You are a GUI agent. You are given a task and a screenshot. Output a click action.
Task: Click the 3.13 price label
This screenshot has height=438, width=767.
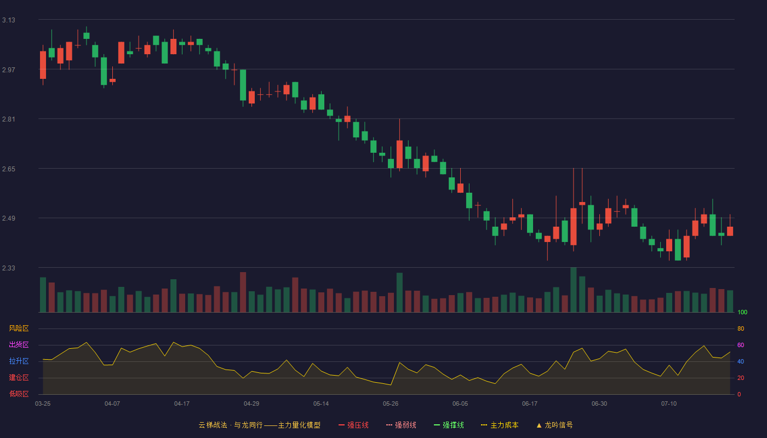(x=9, y=20)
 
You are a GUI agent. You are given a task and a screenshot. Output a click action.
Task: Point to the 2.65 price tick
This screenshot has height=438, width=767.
(x=9, y=169)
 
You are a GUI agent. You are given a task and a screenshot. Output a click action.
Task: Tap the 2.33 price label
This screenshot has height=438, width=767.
(x=9, y=268)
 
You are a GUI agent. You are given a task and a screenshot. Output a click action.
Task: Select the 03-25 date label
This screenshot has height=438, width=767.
(x=43, y=404)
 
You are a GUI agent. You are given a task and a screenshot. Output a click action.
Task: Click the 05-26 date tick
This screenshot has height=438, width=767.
(x=391, y=404)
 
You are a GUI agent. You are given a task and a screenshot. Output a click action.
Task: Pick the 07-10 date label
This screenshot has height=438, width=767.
(x=669, y=404)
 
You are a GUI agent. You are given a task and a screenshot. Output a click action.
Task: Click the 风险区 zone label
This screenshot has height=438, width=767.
(x=19, y=328)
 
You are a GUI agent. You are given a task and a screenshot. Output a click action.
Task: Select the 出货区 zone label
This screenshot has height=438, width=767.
(x=19, y=344)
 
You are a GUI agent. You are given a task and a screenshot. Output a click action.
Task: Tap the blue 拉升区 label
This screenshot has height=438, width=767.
(x=19, y=361)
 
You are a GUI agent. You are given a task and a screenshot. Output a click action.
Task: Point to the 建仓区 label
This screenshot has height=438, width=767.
(x=19, y=377)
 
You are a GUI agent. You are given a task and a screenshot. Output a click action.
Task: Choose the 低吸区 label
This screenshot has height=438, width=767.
(x=19, y=394)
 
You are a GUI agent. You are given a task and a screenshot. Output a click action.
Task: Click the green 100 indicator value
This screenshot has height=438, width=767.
(x=742, y=312)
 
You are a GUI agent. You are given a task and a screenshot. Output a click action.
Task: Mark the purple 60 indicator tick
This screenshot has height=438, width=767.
(x=741, y=345)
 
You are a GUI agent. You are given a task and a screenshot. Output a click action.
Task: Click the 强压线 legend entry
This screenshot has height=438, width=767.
(x=353, y=425)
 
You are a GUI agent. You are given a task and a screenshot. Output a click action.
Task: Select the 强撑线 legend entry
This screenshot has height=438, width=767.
(x=449, y=425)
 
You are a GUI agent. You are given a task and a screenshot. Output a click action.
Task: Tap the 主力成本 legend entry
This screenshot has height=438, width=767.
(x=500, y=425)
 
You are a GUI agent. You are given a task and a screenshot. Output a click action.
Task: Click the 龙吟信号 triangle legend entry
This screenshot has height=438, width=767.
(x=554, y=425)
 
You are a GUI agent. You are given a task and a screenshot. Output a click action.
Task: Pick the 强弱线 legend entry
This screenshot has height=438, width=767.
(x=401, y=425)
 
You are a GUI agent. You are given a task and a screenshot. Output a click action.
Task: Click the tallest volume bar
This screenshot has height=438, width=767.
(x=574, y=290)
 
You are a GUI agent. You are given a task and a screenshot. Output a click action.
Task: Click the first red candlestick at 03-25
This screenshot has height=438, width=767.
(x=43, y=65)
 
